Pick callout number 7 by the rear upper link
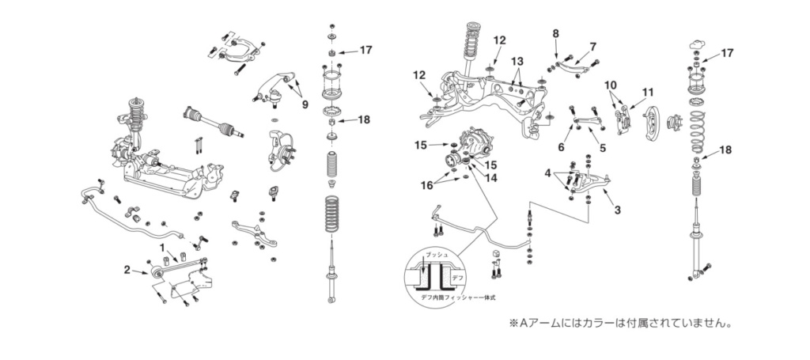592,47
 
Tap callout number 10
610,85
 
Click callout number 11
649,93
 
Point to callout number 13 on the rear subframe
517,62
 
